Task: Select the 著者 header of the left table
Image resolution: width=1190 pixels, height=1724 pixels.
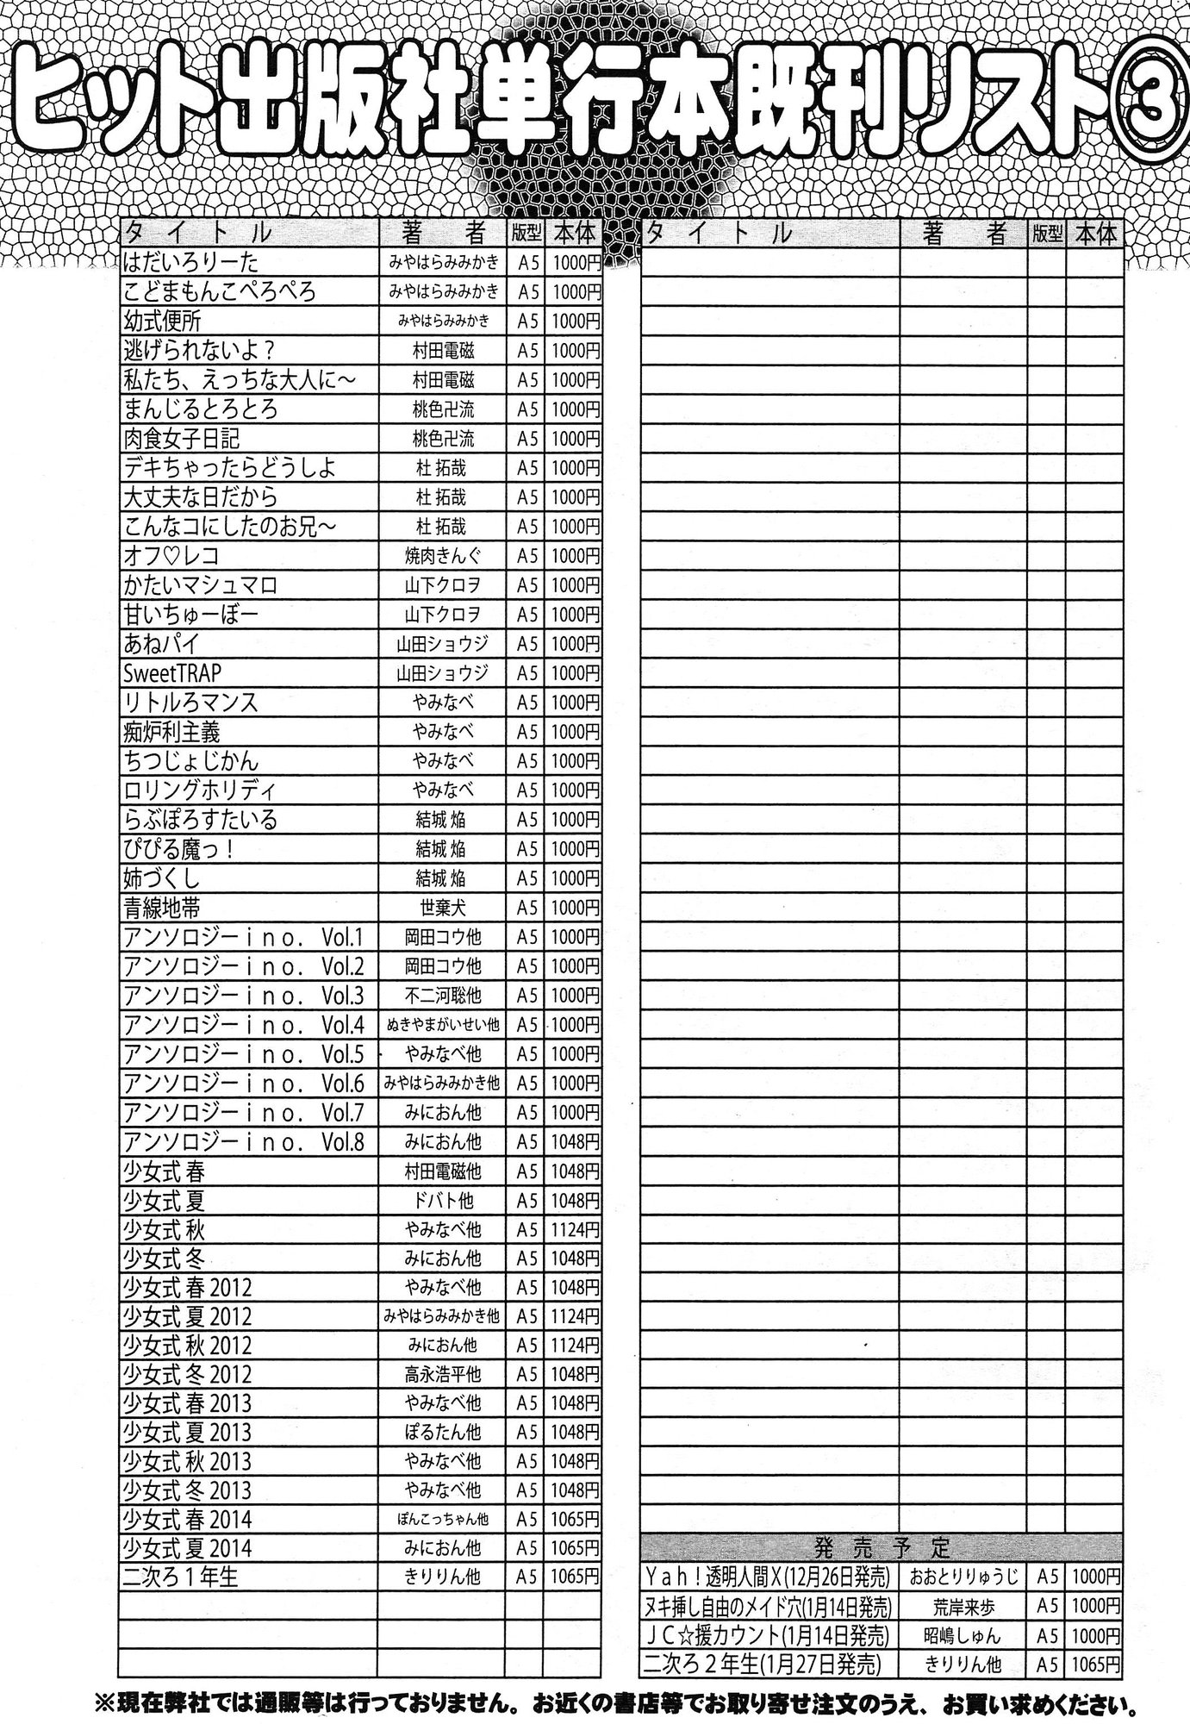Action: click(443, 233)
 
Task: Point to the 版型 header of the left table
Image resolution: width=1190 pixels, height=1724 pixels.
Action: click(523, 233)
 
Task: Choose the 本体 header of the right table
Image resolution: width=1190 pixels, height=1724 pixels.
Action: click(1094, 233)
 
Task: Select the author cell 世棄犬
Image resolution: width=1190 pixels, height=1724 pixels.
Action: click(443, 907)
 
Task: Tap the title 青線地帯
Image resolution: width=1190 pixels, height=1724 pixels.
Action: click(163, 907)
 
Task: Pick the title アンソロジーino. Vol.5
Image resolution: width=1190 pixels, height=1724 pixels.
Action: click(244, 1053)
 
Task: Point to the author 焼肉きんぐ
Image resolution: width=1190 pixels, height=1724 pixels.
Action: click(443, 555)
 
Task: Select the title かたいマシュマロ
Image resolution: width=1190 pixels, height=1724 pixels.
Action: click(201, 585)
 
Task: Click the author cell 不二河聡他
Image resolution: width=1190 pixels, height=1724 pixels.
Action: click(443, 996)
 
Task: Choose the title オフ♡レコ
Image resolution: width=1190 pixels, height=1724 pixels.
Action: click(171, 555)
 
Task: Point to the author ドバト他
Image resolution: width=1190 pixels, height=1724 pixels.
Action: click(443, 1200)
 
